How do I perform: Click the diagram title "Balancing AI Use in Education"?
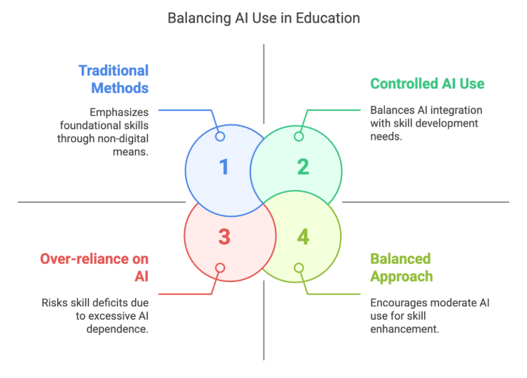[x=263, y=19]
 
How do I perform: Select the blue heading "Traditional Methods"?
[x=114, y=79]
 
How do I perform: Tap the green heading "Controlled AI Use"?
[x=427, y=83]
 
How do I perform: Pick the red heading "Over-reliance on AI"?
[x=95, y=267]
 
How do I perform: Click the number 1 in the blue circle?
[x=224, y=167]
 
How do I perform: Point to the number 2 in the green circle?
[x=303, y=167]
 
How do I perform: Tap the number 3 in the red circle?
[x=224, y=237]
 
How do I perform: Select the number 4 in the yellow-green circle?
[x=303, y=237]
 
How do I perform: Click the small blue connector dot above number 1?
[x=220, y=136]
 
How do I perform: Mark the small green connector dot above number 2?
[x=299, y=136]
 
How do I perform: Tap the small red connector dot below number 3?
[x=220, y=268]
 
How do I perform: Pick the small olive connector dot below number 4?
[x=299, y=268]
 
